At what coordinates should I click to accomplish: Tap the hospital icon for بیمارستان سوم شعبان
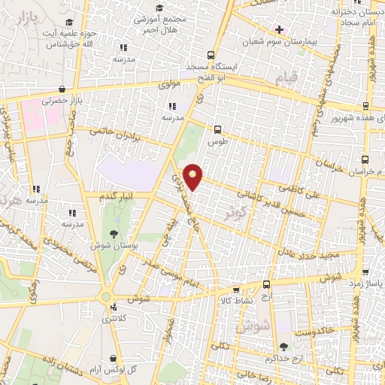click(x=279, y=29)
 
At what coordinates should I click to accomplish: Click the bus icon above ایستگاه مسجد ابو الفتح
click(x=211, y=55)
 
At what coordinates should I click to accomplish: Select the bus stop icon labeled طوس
click(x=218, y=129)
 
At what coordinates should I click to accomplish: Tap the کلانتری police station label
click(x=115, y=320)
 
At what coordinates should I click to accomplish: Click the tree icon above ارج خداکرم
click(x=283, y=347)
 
